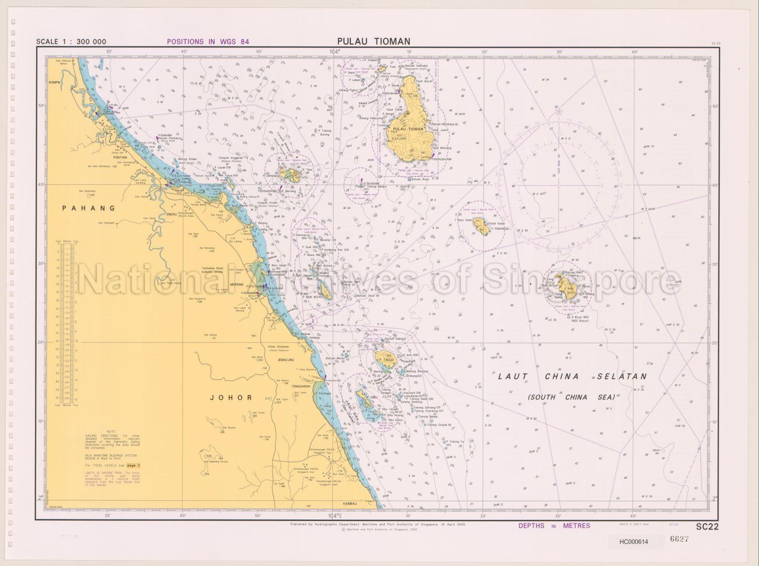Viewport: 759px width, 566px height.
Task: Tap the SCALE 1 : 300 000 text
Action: [x=71, y=42]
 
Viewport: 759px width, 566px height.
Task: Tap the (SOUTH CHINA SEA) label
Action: [x=571, y=397]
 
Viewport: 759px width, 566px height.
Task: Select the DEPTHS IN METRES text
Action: [x=554, y=526]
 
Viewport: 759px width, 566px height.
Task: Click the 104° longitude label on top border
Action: [x=335, y=52]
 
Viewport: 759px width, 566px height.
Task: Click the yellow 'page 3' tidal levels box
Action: [x=133, y=465]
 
